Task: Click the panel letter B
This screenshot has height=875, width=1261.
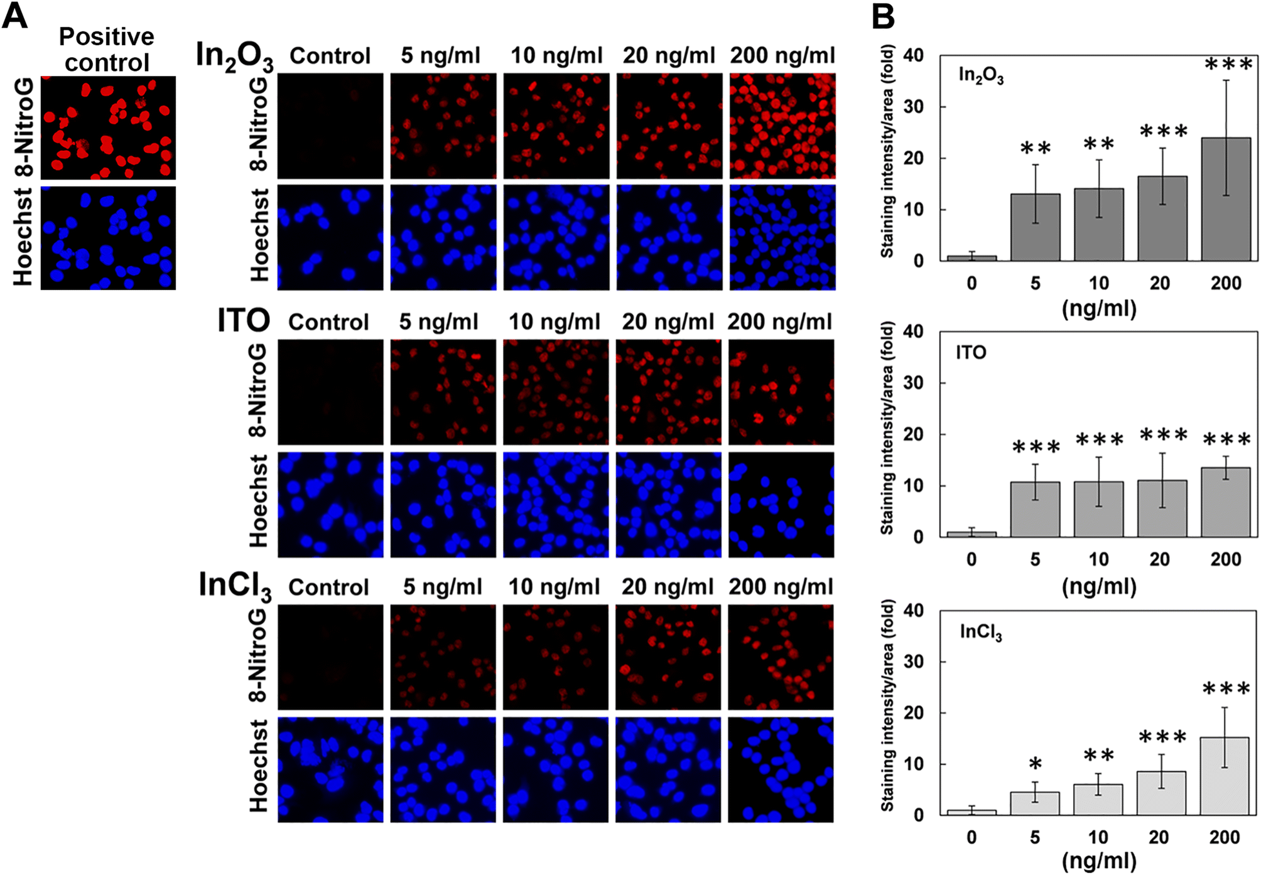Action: tap(883, 16)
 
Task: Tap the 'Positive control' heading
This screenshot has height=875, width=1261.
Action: tap(107, 50)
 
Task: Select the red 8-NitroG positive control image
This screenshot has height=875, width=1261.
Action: tap(108, 127)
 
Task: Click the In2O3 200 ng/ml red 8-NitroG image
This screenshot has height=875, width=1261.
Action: tap(782, 126)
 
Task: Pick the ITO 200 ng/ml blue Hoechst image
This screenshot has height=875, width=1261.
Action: tap(781, 505)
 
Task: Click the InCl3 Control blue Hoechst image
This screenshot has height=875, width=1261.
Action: tap(330, 770)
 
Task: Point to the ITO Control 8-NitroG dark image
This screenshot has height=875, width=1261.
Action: tap(330, 392)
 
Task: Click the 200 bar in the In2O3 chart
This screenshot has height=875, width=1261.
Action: tap(1225, 199)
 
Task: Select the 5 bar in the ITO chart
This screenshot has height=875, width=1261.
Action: tap(1035, 509)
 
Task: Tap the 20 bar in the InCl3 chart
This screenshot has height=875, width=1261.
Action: tap(1161, 793)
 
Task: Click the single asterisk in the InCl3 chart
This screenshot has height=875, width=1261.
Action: tap(1035, 764)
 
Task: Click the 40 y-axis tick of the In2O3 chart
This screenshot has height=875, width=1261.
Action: tap(913, 55)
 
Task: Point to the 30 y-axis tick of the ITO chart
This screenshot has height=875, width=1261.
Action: tap(913, 383)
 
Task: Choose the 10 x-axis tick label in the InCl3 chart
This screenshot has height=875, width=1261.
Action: tap(1098, 837)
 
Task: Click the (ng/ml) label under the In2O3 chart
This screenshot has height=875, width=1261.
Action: tap(1099, 308)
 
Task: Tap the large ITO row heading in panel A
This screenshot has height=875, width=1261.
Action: tap(244, 321)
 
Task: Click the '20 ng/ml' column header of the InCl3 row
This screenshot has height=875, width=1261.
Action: tap(668, 587)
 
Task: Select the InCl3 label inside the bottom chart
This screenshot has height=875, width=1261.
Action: tap(980, 632)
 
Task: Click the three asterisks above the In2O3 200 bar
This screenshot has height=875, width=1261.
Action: tap(1228, 65)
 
